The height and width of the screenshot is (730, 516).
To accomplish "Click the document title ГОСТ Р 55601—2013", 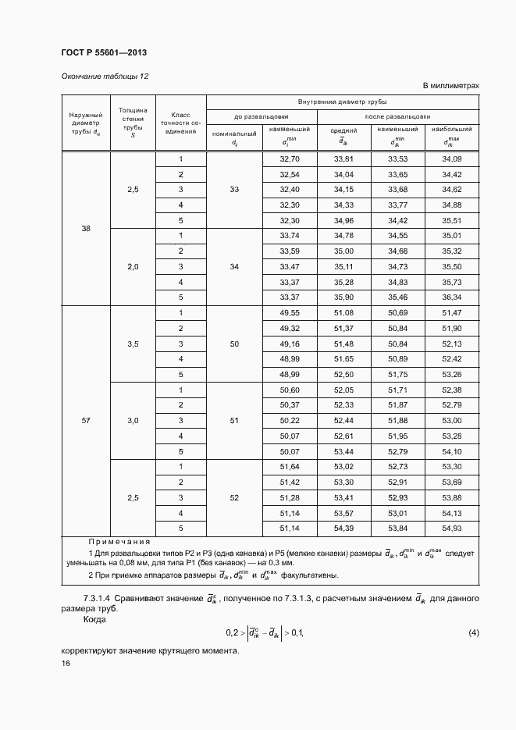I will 103,52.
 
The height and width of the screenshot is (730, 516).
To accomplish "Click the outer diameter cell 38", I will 86,228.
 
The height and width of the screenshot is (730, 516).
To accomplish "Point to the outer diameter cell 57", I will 86,421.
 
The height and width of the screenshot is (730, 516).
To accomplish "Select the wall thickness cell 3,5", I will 133,344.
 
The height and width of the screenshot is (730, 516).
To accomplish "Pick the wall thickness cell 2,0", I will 133,267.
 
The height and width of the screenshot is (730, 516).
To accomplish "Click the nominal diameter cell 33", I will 234,190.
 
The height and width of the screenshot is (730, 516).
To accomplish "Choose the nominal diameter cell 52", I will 234,497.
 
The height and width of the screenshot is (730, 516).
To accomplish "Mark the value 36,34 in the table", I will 451,297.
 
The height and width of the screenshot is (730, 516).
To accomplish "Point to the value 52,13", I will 451,344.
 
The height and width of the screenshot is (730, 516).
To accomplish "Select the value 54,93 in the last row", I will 451,529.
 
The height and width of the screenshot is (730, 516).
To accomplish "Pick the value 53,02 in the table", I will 343,467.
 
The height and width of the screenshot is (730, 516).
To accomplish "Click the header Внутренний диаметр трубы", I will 343,102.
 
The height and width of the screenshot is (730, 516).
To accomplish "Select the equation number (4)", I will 473,631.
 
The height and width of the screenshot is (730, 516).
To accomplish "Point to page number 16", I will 66,663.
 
